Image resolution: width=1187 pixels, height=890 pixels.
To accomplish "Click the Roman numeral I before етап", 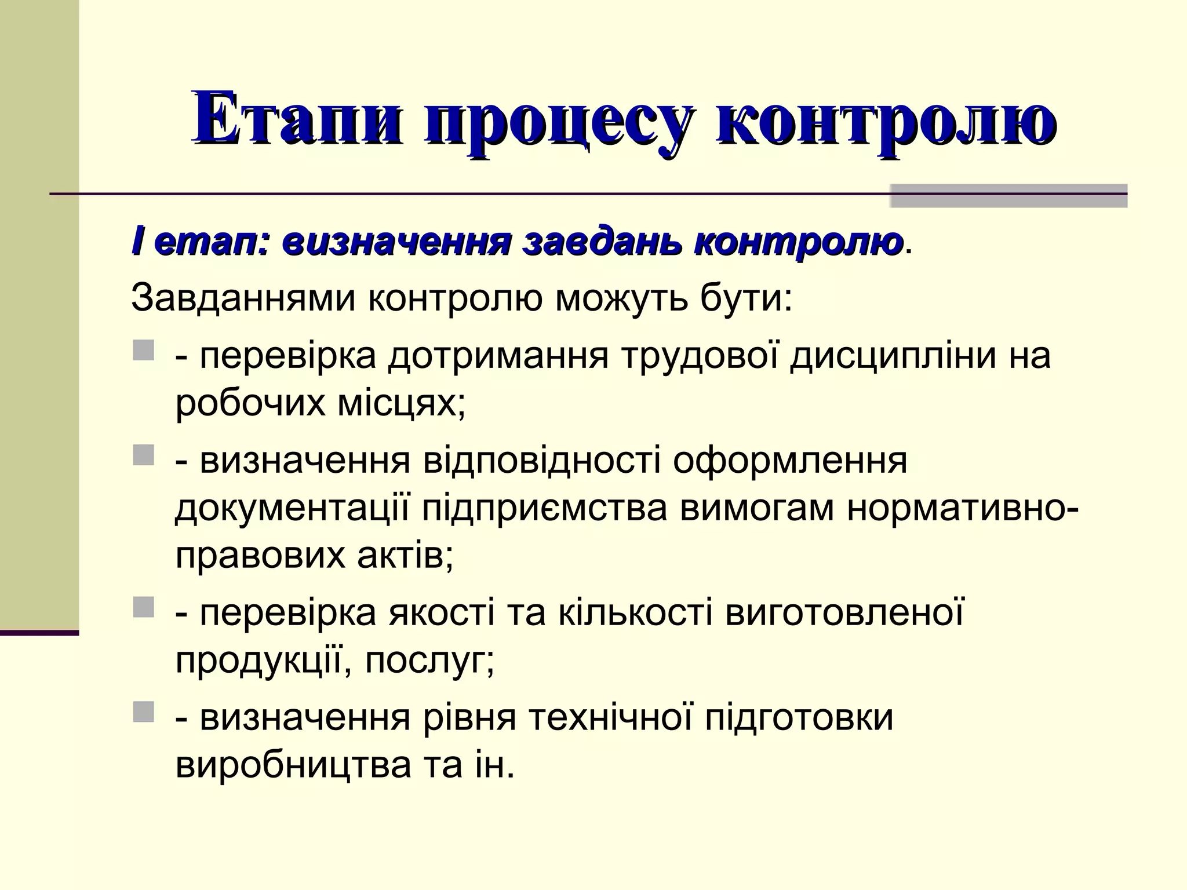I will (x=136, y=242).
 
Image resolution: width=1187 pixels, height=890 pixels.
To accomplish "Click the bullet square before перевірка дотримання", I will (x=144, y=351).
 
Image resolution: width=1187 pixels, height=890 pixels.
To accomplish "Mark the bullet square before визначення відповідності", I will (x=144, y=455).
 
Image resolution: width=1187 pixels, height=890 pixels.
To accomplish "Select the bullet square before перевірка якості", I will (x=144, y=608).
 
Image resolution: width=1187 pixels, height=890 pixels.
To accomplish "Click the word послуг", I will (x=429, y=661).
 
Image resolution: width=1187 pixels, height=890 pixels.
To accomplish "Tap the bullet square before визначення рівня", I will (x=144, y=712).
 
